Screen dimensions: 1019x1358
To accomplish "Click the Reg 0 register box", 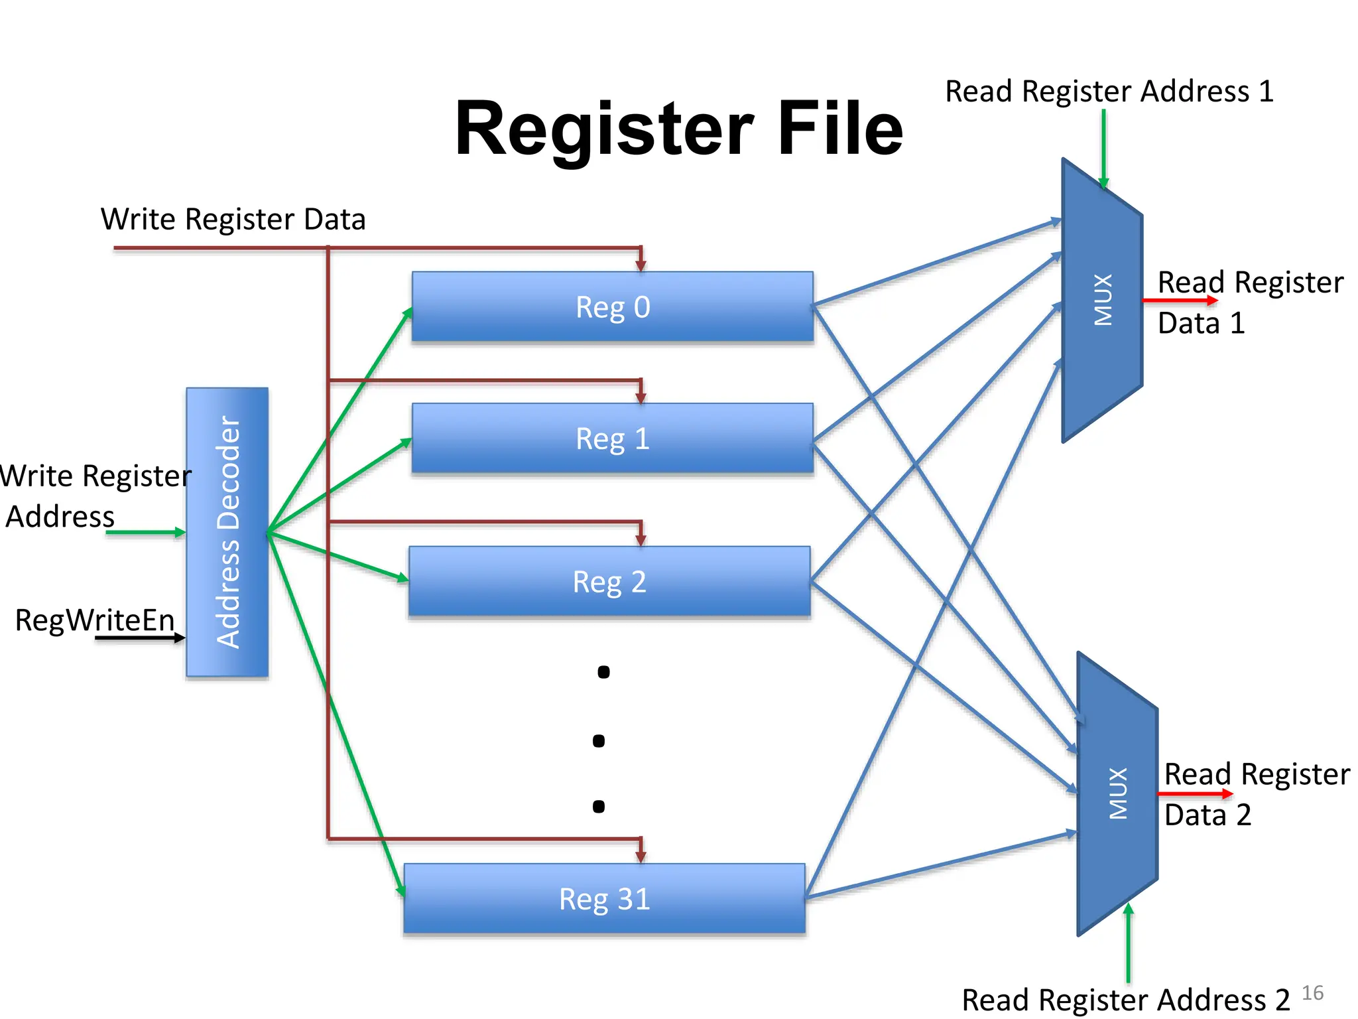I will point(612,306).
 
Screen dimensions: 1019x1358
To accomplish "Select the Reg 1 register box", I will point(612,438).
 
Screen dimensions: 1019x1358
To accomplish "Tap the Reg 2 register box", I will point(609,581).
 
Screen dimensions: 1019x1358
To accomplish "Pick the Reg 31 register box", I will point(604,898).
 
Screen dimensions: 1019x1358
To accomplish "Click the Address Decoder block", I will point(227,532).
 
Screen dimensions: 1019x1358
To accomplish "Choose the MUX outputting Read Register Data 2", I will point(1117,793).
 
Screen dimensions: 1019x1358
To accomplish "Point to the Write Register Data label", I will point(233,219).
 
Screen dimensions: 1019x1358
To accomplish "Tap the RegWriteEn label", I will point(95,620).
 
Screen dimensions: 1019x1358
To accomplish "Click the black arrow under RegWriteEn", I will point(139,638).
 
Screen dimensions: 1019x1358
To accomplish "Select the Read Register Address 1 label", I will point(1109,91).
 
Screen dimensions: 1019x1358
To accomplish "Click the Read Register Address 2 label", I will point(1125,999).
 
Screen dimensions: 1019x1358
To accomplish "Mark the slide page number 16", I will point(1312,992).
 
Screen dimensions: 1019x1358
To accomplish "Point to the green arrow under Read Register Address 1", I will point(1103,149).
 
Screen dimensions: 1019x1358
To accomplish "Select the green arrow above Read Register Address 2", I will point(1128,943).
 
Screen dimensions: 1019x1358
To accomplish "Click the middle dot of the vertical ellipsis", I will point(599,740).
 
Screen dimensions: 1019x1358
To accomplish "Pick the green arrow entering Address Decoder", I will point(145,532).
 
